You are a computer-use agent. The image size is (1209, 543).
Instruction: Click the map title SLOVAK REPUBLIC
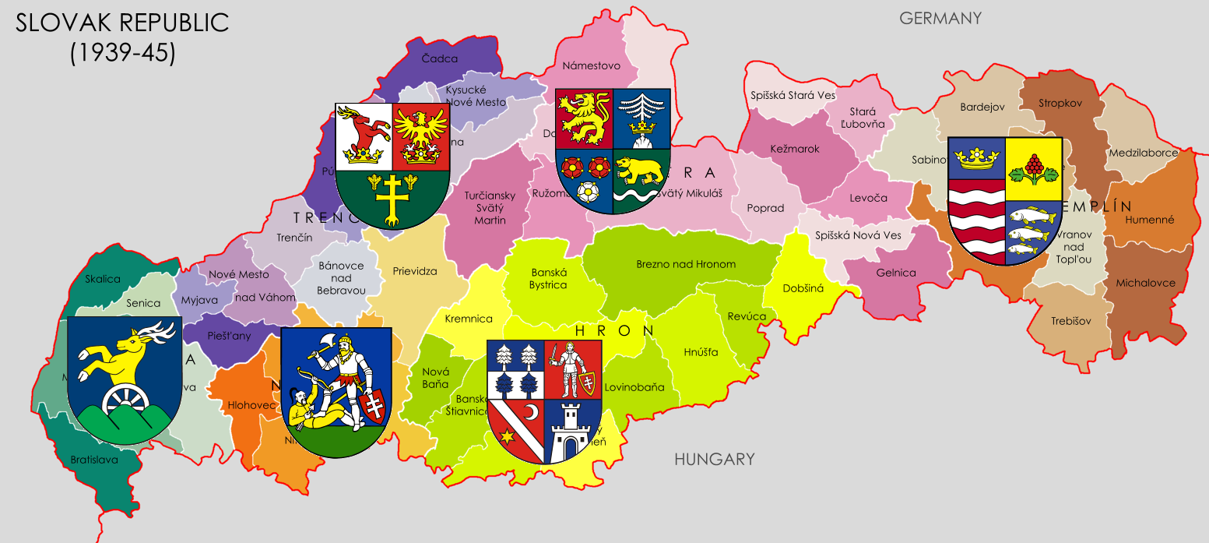[x=123, y=23]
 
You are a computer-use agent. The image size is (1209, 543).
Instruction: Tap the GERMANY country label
[x=940, y=18]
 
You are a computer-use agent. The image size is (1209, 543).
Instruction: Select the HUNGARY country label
[x=714, y=459]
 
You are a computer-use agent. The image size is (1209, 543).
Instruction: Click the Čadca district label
[x=439, y=58]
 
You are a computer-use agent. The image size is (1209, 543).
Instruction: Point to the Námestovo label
[x=591, y=66]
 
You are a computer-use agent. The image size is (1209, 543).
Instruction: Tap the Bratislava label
[x=93, y=460]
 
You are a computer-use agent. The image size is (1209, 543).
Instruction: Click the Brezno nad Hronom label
[x=685, y=264]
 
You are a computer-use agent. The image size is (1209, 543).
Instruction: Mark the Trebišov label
[x=1070, y=321]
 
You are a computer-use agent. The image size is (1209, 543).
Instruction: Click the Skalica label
[x=103, y=279]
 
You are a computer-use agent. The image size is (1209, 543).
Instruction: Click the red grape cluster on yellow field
[x=1034, y=166]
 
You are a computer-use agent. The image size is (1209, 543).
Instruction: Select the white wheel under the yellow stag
[x=124, y=400]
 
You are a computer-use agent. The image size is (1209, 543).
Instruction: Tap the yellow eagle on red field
[x=420, y=134]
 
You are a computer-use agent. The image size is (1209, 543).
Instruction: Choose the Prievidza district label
[x=414, y=272]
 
